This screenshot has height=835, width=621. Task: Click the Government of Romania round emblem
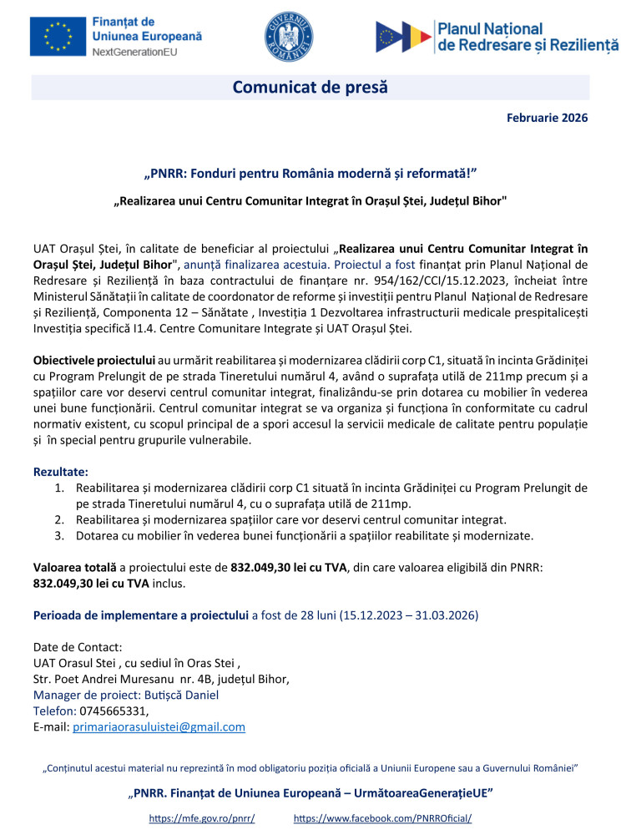click(x=288, y=37)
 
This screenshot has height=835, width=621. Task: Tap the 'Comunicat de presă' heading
click(x=310, y=87)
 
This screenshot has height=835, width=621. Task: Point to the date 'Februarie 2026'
click(x=547, y=118)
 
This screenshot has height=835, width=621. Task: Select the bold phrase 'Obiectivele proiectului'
click(x=94, y=360)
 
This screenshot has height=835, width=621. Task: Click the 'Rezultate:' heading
click(x=60, y=472)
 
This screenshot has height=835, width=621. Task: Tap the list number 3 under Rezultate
click(x=60, y=535)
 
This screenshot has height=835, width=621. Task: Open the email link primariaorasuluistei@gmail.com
click(x=159, y=726)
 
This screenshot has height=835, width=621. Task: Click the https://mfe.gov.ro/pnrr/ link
click(x=201, y=819)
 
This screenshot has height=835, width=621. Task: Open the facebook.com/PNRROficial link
click(x=389, y=819)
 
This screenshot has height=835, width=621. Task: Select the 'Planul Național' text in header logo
click(x=490, y=29)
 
